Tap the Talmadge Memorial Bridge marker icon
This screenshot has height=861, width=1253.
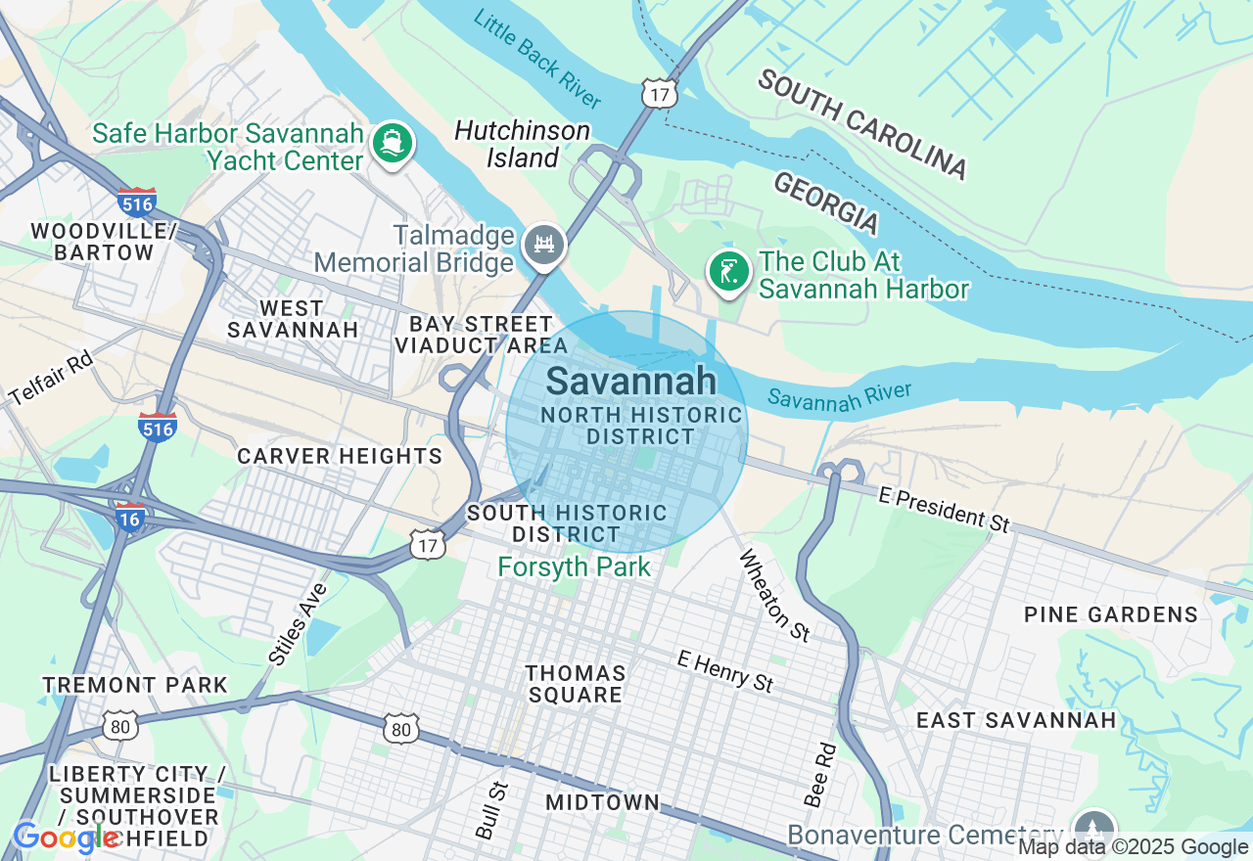click(x=542, y=246)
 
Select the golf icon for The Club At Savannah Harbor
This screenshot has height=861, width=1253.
click(x=728, y=271)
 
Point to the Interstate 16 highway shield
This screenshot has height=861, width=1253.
click(x=130, y=517)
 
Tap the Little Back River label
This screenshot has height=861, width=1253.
click(x=537, y=59)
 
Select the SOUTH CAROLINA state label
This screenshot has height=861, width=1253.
click(x=861, y=124)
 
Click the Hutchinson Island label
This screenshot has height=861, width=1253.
click(x=522, y=144)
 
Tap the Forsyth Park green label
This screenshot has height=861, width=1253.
click(x=574, y=566)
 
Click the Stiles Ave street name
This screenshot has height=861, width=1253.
click(x=298, y=624)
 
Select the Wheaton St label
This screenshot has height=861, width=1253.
click(x=774, y=595)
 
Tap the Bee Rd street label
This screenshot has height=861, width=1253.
click(x=819, y=775)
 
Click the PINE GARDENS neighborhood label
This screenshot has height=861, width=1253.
click(x=1111, y=614)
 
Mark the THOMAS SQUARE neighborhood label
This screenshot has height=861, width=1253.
click(x=575, y=684)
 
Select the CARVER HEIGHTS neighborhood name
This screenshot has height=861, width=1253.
click(x=340, y=456)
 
